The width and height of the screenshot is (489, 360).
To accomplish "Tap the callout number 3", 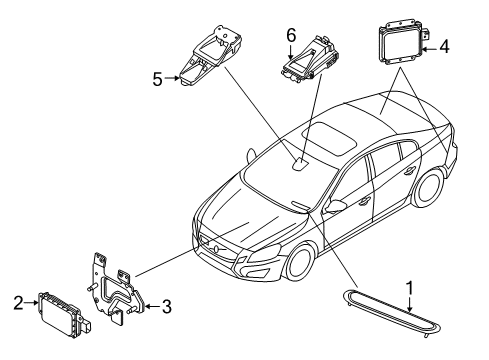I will point(166,307).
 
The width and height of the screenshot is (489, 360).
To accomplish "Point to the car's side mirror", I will point(334,207).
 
